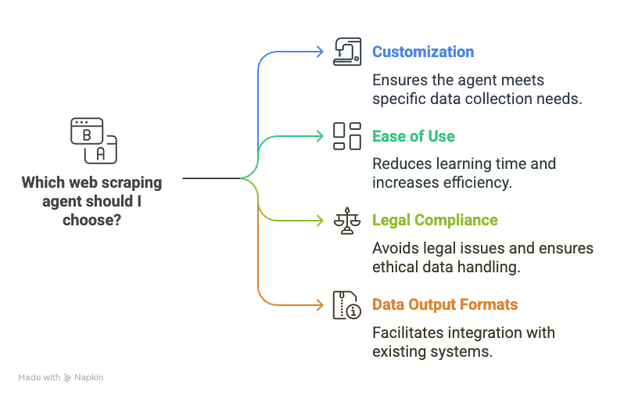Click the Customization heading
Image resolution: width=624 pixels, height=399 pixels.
click(x=423, y=52)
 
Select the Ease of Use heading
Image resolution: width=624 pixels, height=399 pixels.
click(x=413, y=136)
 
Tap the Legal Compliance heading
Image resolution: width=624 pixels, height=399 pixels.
click(x=435, y=220)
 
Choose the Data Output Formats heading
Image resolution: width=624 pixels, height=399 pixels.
click(x=445, y=304)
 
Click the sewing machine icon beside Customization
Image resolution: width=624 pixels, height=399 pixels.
click(x=347, y=52)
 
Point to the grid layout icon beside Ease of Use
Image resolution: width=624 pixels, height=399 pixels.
click(x=347, y=136)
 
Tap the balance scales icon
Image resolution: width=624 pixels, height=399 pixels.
click(x=347, y=221)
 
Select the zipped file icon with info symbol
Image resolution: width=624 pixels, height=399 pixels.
click(x=347, y=305)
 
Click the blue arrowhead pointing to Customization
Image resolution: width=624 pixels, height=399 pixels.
click(x=320, y=52)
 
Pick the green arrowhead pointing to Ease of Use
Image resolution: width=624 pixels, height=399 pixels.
click(x=320, y=136)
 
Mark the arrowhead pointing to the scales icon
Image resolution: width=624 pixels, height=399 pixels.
click(x=320, y=221)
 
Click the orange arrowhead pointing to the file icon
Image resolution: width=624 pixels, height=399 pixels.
click(x=320, y=305)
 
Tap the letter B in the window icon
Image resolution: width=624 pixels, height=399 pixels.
click(x=87, y=135)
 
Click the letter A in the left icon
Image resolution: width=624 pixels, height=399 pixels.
click(x=101, y=153)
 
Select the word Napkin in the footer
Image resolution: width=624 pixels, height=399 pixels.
click(x=88, y=378)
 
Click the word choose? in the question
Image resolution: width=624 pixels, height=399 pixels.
click(x=92, y=220)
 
